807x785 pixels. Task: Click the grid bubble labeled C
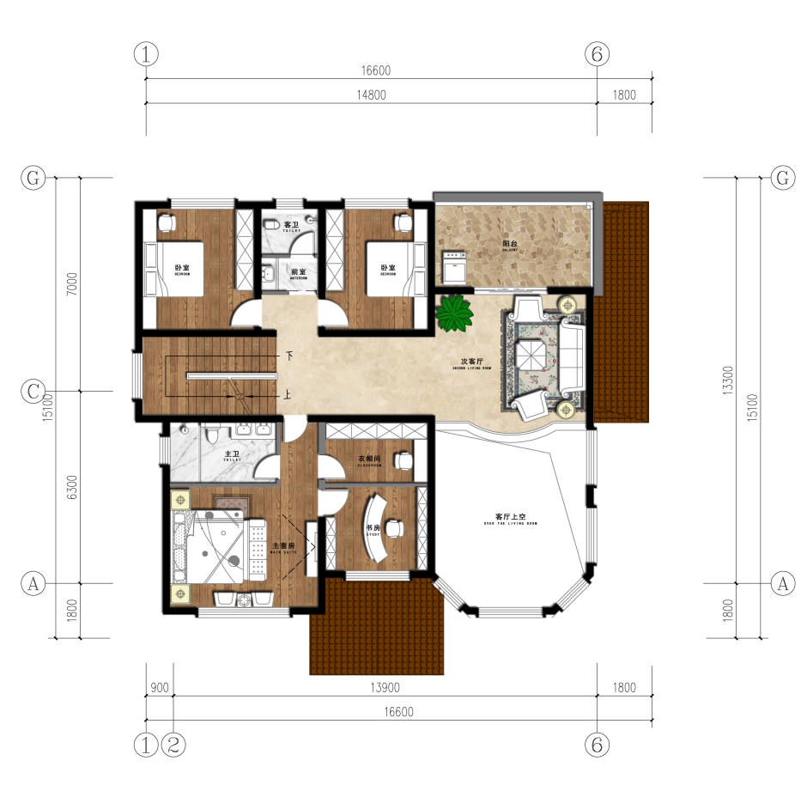[x=33, y=392]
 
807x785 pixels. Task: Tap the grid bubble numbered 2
[x=173, y=745]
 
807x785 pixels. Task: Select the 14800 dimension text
[x=371, y=95]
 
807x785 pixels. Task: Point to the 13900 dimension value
[x=385, y=687]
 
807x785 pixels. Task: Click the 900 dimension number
[x=159, y=687]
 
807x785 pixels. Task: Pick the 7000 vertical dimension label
[x=72, y=284]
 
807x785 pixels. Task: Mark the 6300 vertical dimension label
[x=72, y=487]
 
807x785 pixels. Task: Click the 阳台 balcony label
[x=510, y=244]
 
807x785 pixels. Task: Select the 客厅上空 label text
[x=510, y=516]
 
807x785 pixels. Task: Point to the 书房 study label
[x=373, y=528]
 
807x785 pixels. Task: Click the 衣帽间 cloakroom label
[x=369, y=459]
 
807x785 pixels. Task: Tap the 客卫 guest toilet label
[x=291, y=224]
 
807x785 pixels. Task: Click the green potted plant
[x=454, y=313]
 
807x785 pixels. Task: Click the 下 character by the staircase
[x=290, y=355]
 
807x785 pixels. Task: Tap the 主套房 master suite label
[x=283, y=545]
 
